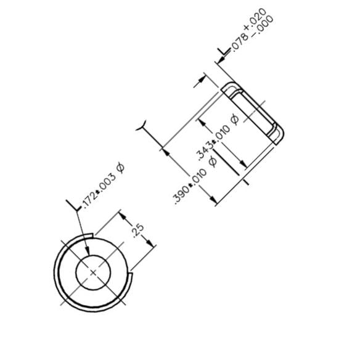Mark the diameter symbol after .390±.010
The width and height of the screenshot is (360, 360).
click(x=213, y=162)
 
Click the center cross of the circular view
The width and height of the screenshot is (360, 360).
click(x=93, y=271)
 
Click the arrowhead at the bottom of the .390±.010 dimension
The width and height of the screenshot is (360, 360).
click(x=213, y=198)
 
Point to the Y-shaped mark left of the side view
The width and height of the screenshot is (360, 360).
click(x=142, y=127)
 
